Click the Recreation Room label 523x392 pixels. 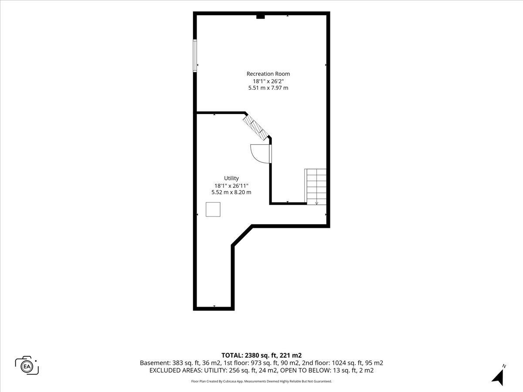coord(268,74)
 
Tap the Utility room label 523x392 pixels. coord(231,178)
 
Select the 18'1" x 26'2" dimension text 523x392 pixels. coord(268,81)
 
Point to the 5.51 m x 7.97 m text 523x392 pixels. coord(268,88)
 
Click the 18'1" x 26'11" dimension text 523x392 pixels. coord(231,186)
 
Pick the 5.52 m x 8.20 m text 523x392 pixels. coord(231,193)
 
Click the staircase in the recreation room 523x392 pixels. coord(316,186)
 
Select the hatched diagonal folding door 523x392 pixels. coord(256,128)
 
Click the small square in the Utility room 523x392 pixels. coord(213,209)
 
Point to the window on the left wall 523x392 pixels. coord(195,55)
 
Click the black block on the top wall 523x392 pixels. coord(261,17)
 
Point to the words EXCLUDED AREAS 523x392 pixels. coord(177,370)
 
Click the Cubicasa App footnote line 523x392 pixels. coord(261,381)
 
